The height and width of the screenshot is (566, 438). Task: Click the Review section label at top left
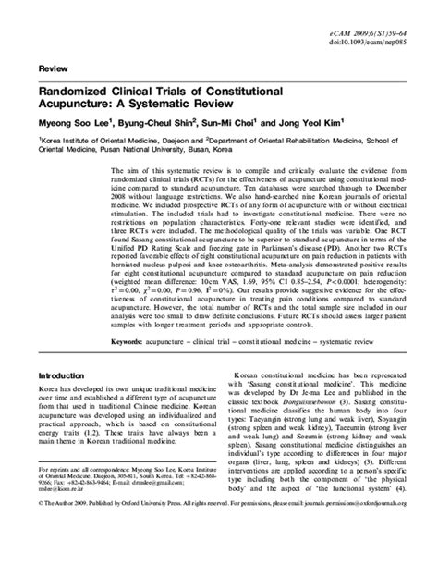52,70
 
